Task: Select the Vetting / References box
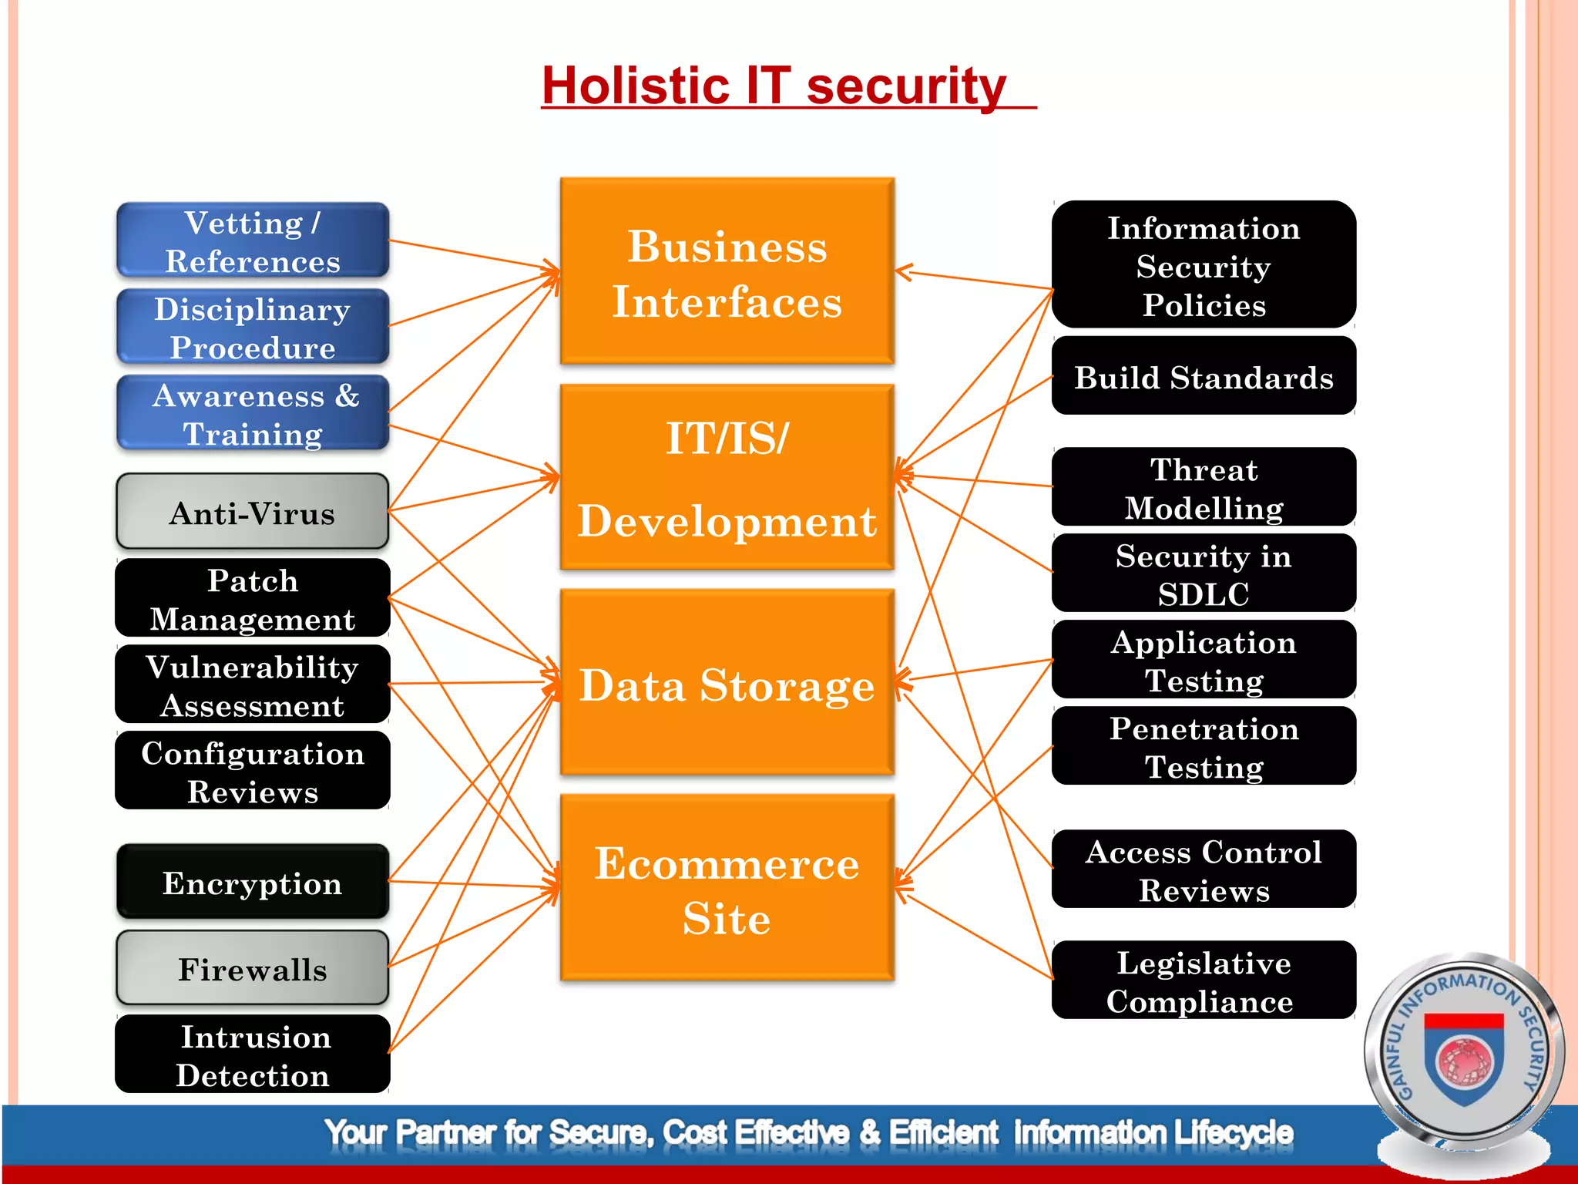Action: coord(253,241)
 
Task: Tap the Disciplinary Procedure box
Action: coord(253,328)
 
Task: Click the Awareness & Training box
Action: coord(253,414)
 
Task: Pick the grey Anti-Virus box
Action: coord(253,513)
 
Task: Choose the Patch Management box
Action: coord(253,599)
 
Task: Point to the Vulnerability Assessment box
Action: coord(253,685)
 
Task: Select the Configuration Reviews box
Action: coord(253,772)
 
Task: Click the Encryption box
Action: coord(253,883)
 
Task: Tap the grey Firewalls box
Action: coord(253,969)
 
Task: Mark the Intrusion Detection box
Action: coord(253,1055)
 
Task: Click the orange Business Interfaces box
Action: coord(727,272)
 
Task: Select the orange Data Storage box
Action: coord(727,684)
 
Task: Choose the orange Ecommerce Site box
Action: coord(727,889)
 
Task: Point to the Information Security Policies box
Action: coord(1204,266)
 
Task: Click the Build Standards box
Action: coord(1204,377)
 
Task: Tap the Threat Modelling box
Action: coord(1204,488)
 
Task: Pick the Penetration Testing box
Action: coord(1204,747)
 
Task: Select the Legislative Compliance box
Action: coord(1204,981)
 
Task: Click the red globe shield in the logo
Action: coord(1464,1060)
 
